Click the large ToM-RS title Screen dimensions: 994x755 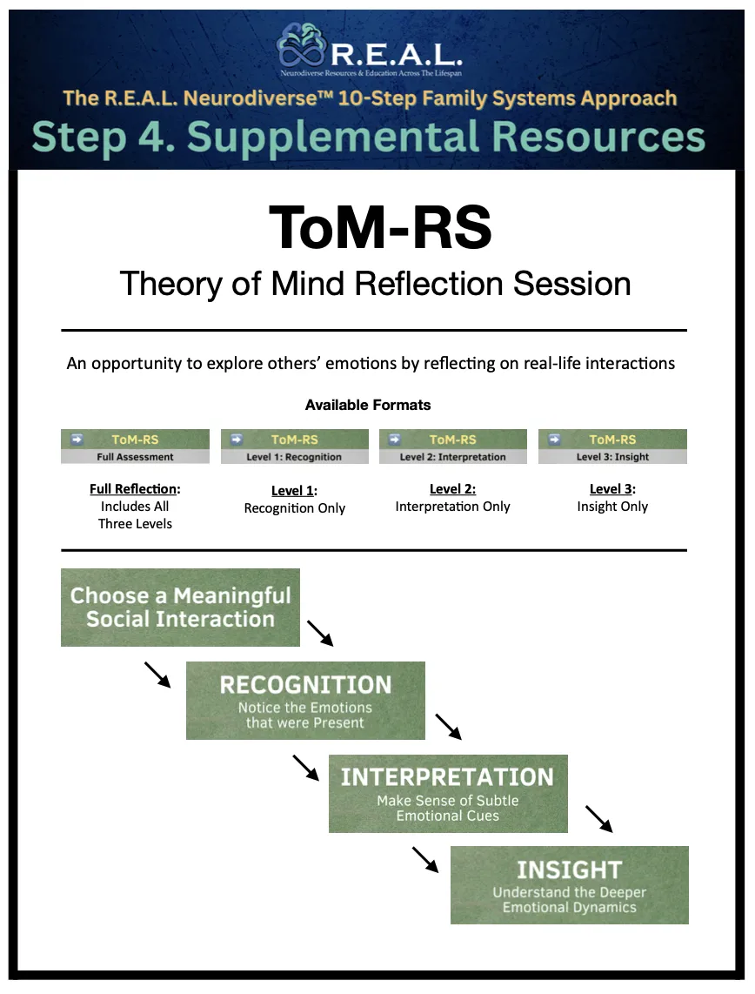380,227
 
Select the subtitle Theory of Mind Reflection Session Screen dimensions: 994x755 375,284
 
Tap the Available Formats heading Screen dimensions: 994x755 368,405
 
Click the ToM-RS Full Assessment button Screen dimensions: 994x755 135,447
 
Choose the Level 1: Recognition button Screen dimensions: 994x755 295,447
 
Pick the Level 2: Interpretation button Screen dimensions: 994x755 452,447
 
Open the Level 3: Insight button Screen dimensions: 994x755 612,447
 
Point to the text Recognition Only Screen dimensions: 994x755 295,508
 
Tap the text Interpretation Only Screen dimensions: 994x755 452,507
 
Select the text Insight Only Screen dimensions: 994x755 612,507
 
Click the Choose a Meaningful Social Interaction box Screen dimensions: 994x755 180,608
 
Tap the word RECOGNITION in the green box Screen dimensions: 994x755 305,685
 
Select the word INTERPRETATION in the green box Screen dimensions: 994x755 447,777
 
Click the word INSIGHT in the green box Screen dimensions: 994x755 569,870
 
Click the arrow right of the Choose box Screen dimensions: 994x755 320,633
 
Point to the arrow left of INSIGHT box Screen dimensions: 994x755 425,859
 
